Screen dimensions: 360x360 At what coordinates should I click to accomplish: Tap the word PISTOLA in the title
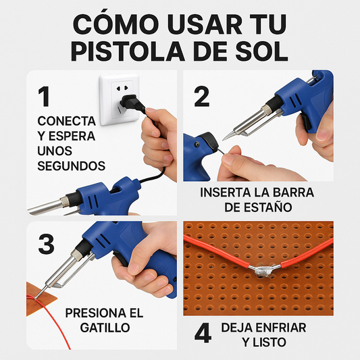point(133,52)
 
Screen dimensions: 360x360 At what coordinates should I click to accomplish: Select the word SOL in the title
point(263,52)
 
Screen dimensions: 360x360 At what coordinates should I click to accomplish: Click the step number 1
point(45,97)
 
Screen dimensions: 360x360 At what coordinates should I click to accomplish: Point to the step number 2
point(201,97)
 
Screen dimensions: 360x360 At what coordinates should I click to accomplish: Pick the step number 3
point(46,244)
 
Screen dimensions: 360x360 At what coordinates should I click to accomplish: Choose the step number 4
point(202,334)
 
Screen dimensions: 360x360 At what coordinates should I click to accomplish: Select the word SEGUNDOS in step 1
point(72,165)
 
